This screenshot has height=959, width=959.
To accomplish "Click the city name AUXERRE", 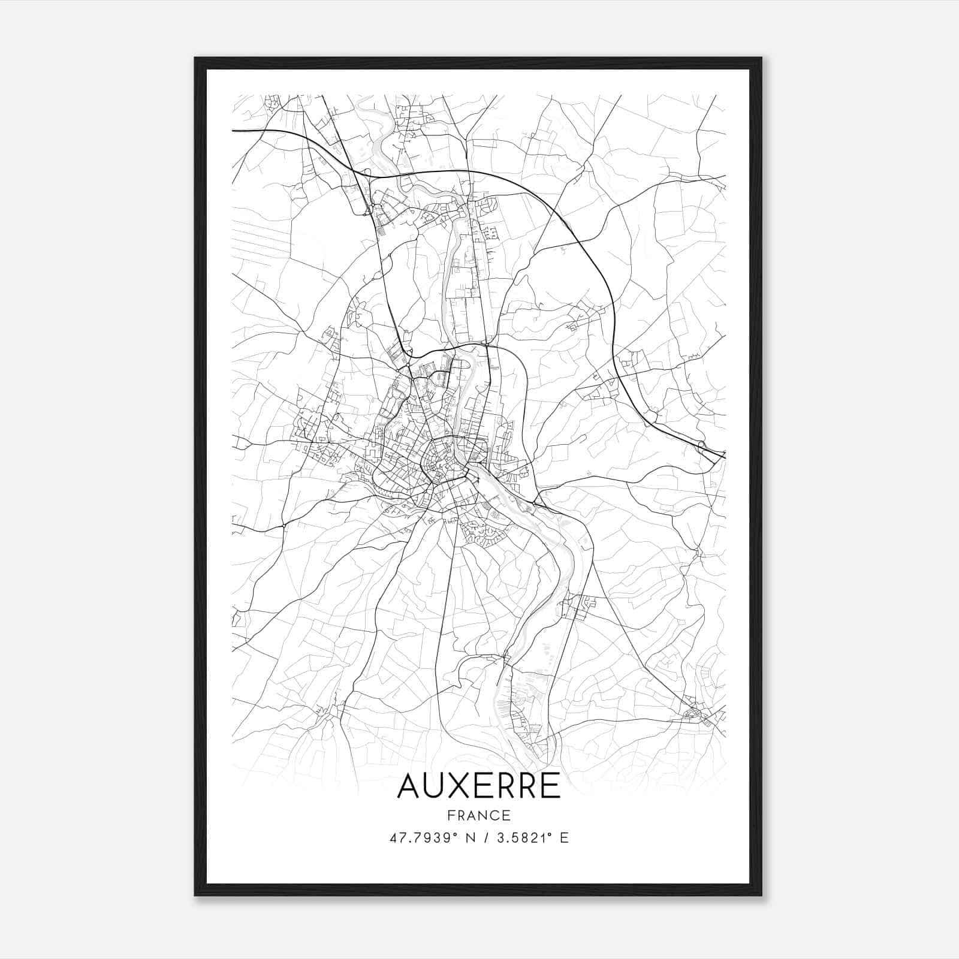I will point(478,786).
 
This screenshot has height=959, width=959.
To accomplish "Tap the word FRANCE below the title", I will point(478,815).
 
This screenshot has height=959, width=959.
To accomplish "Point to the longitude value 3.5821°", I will point(524,838).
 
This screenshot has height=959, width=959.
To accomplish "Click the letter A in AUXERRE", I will point(410,786).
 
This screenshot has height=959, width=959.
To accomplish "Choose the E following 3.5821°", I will point(564,838).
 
